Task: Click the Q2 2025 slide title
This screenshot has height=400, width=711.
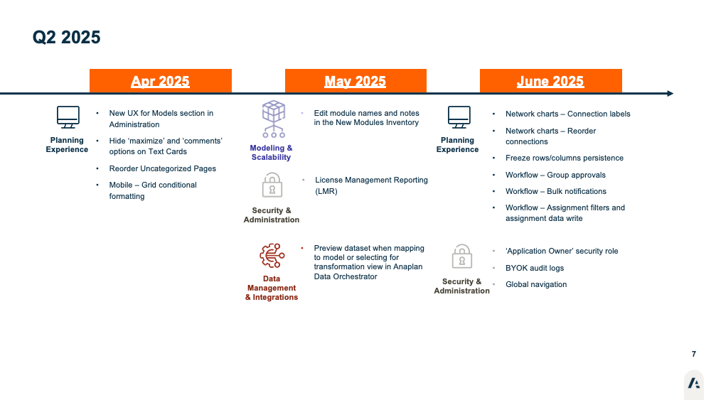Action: point(66,37)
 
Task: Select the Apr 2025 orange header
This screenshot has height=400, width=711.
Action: point(161,80)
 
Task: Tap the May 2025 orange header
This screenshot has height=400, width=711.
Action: point(355,80)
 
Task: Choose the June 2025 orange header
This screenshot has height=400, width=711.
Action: point(550,80)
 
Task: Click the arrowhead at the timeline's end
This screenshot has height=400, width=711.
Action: point(670,93)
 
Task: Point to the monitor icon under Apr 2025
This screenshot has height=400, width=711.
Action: point(68,117)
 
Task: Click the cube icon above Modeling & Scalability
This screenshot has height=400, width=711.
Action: point(274,119)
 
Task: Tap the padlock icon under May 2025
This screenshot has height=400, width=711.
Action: point(272,185)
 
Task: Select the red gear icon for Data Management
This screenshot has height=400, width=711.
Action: point(272,256)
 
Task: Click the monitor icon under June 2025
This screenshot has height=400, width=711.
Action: point(459,117)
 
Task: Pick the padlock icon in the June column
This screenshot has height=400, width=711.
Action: point(462,256)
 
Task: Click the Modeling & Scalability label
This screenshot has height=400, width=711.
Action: point(271,153)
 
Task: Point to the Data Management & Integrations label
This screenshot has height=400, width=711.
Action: point(272,288)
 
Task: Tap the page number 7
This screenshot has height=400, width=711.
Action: point(694,354)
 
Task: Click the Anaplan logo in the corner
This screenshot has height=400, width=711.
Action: point(694,383)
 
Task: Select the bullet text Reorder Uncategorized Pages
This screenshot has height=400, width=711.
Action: point(162,168)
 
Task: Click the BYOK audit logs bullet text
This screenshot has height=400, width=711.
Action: point(535,268)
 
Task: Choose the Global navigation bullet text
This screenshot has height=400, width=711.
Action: point(536,284)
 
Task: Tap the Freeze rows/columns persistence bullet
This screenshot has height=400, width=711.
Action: point(565,158)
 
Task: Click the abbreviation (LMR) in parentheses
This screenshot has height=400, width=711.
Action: point(326,191)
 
